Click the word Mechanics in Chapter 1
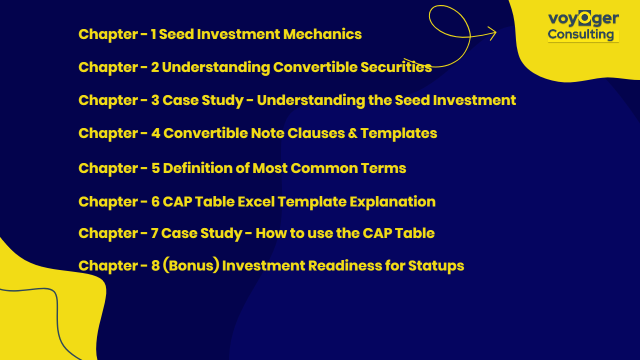pyautogui.click(x=322, y=34)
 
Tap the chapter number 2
pyautogui.click(x=155, y=67)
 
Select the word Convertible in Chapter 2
pyautogui.click(x=315, y=67)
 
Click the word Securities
pyautogui.click(x=396, y=67)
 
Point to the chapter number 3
pyautogui.click(x=155, y=100)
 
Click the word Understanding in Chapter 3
pyautogui.click(x=310, y=100)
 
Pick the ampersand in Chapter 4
pyautogui.click(x=352, y=133)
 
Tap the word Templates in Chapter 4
pyautogui.click(x=398, y=133)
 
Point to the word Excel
pyautogui.click(x=256, y=201)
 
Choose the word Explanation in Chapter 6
pyautogui.click(x=392, y=201)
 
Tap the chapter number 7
pyautogui.click(x=154, y=233)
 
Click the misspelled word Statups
pyautogui.click(x=436, y=265)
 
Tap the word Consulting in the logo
pyautogui.click(x=581, y=34)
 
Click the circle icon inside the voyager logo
pyautogui.click(x=585, y=18)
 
